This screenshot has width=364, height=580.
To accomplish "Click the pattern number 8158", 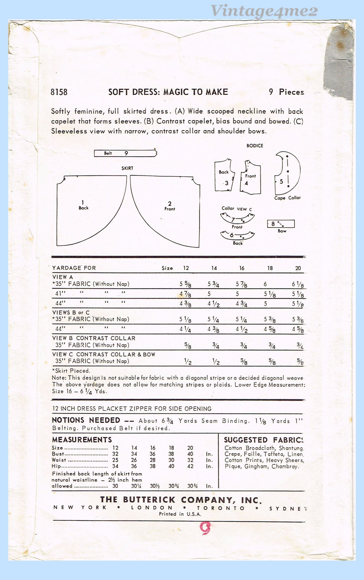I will (x=59, y=92).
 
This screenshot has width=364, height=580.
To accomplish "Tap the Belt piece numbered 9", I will (x=125, y=153).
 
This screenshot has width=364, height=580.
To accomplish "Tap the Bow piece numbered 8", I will (x=281, y=224).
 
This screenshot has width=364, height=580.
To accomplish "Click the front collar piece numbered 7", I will (x=237, y=219).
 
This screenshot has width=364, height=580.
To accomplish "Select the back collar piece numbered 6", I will (x=237, y=236).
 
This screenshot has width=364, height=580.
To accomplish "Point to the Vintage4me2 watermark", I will (x=264, y=11).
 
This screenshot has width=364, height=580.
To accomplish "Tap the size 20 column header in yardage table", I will (x=298, y=268).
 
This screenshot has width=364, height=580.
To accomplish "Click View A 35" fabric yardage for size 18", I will (x=265, y=284).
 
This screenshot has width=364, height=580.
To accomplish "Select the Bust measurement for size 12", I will (x=115, y=454).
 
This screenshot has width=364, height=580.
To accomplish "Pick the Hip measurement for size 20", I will (x=190, y=466).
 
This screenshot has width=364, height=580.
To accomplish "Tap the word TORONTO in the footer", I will (x=221, y=508).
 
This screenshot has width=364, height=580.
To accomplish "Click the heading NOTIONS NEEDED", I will (x=86, y=420).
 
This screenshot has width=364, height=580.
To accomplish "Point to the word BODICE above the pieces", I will (x=255, y=146).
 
